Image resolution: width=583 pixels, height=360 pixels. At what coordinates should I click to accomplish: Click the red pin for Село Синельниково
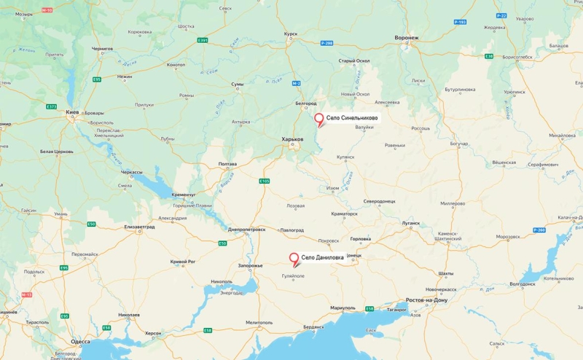(x=318, y=120)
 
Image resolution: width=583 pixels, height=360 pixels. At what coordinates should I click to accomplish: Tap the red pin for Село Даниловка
(x=294, y=259)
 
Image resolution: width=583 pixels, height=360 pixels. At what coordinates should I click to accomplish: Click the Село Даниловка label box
(x=323, y=257)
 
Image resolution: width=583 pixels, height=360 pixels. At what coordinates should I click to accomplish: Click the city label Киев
(x=72, y=113)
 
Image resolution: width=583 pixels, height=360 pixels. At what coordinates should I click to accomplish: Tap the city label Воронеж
(x=407, y=37)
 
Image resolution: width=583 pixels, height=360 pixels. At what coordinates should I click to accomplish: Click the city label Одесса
(x=80, y=341)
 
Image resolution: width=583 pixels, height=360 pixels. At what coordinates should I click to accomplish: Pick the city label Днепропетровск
(x=246, y=229)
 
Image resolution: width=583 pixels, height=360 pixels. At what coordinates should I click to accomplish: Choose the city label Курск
(x=291, y=34)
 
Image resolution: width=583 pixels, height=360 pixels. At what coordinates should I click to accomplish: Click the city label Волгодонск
(x=522, y=283)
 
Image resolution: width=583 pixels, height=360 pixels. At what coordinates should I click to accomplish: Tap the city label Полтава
(x=227, y=164)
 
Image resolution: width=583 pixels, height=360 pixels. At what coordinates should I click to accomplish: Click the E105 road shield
(x=264, y=181)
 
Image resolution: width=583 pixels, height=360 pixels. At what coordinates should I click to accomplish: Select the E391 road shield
(x=203, y=40)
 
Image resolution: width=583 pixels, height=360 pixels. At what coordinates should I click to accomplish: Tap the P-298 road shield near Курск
(x=326, y=43)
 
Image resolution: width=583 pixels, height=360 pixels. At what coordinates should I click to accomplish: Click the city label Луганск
(x=410, y=223)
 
